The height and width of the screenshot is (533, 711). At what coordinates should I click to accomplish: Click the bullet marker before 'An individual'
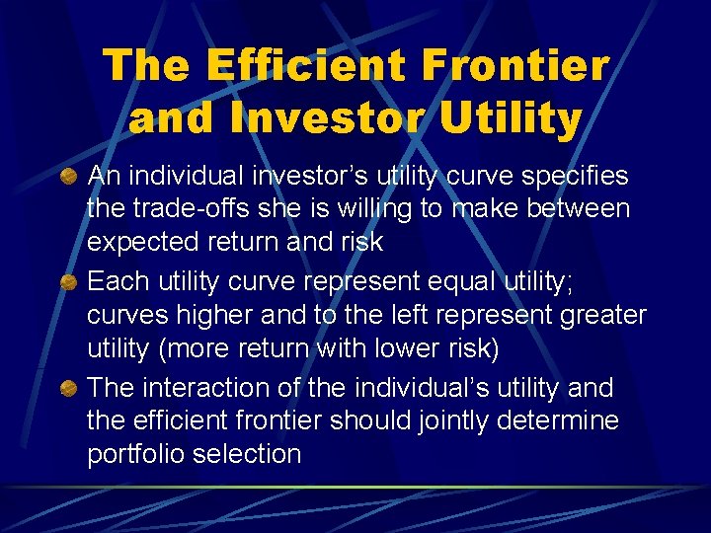coord(70,177)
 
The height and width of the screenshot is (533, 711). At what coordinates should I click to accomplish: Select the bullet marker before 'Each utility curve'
coord(70,282)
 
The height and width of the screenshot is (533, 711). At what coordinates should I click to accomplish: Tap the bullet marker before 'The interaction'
coord(70,388)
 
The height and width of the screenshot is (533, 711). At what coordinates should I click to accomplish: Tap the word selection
coord(252,455)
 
